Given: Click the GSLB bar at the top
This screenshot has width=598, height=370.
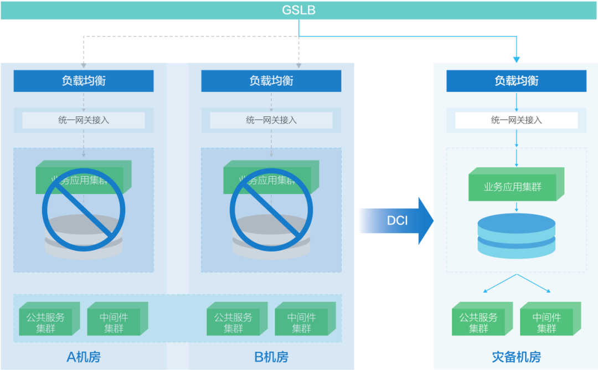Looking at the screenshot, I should pyautogui.click(x=299, y=10).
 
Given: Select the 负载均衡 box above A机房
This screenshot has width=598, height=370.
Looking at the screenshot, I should pyautogui.click(x=84, y=81).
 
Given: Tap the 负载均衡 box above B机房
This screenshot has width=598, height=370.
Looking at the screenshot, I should pyautogui.click(x=271, y=81).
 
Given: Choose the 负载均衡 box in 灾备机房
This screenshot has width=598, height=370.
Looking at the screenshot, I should pyautogui.click(x=517, y=81).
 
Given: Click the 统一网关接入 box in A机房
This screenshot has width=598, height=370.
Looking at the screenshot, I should pyautogui.click(x=84, y=120).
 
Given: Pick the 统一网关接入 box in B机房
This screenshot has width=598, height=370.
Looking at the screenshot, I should pyautogui.click(x=271, y=120).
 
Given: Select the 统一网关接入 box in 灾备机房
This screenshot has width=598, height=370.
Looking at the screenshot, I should pyautogui.click(x=517, y=120).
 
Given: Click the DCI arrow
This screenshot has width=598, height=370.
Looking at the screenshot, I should pyautogui.click(x=396, y=220).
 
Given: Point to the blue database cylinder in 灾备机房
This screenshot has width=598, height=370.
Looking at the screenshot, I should pyautogui.click(x=516, y=235).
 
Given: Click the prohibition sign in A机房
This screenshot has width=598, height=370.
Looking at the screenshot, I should pyautogui.click(x=84, y=209).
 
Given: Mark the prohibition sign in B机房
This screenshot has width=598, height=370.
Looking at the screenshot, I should pyautogui.click(x=271, y=209).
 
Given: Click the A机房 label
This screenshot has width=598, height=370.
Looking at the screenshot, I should pyautogui.click(x=84, y=357).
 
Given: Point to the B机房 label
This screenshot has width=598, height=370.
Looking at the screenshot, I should pyautogui.click(x=271, y=357).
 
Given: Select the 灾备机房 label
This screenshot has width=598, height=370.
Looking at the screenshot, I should pyautogui.click(x=517, y=357).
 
